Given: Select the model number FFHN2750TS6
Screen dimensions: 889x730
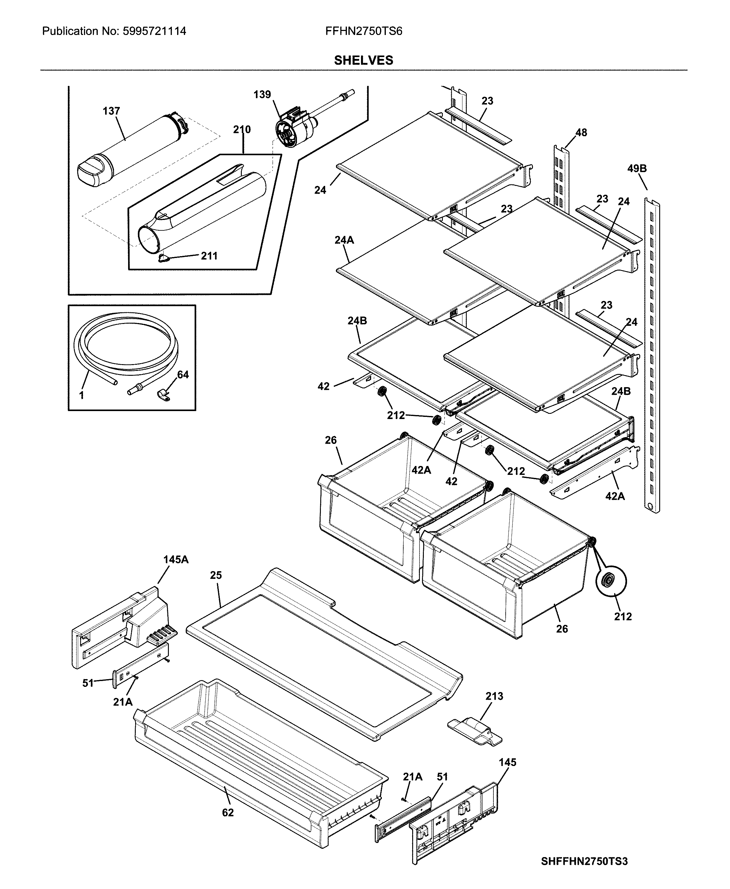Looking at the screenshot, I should coord(363,31).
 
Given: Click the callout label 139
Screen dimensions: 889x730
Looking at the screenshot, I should coord(262,95).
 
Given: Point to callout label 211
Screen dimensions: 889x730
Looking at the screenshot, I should coord(209,256).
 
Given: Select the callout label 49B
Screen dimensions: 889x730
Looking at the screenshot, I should coord(637,169).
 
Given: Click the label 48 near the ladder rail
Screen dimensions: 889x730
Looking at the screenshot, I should coord(581,133).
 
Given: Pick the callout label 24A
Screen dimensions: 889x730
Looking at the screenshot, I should coord(344,241).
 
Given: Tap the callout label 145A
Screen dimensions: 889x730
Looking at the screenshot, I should coord(176,560).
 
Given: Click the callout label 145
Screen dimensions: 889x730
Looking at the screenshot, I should coord(507,762).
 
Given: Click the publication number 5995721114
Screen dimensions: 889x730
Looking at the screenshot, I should coord(154,31).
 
